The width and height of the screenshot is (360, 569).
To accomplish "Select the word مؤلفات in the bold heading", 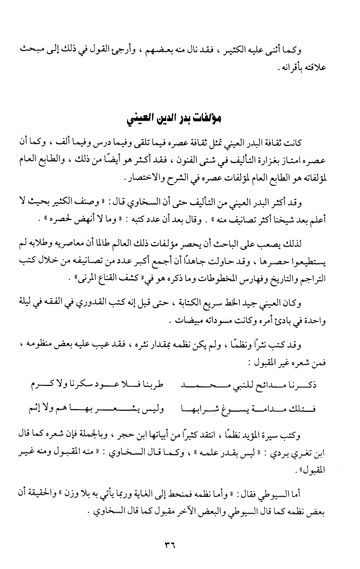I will point(209,119).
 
